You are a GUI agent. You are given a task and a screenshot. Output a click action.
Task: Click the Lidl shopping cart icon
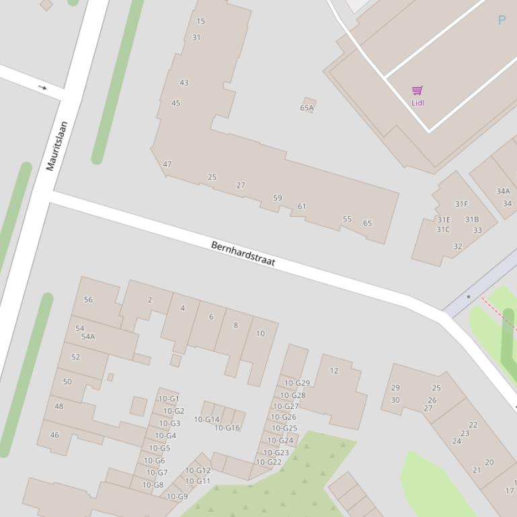pos(417,90)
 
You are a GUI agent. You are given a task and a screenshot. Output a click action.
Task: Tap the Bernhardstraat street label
pos(243,254)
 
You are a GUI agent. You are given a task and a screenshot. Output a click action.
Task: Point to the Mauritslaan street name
pos(57,146)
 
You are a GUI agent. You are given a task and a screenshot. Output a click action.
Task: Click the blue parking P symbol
pos(502,20)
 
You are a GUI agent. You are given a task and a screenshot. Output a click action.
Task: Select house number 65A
pos(307,107)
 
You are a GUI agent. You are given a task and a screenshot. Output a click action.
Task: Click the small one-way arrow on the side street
pos(43,87)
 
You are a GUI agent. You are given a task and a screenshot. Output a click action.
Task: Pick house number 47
pos(167,164)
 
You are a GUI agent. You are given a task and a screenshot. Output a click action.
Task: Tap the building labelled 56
pos(88,299)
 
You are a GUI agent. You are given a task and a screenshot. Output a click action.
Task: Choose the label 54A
pos(88,337)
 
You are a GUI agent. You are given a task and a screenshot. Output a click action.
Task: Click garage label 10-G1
pos(169,399)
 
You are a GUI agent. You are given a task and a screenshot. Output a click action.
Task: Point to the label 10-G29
pos(297,383)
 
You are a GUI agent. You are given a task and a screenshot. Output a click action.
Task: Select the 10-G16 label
pos(227,428)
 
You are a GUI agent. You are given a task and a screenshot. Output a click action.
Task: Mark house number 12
pos(334,371)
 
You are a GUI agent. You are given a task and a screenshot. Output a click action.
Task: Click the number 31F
pos(461,204)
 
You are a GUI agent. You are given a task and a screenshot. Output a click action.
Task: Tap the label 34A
pos(503,191)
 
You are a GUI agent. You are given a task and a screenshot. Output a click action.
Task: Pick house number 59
pos(278,198)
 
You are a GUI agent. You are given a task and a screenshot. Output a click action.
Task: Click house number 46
pos(54,435)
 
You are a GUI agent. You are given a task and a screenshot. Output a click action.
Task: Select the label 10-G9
pos(177,497)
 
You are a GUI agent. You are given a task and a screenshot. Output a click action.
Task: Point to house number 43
pos(184,83)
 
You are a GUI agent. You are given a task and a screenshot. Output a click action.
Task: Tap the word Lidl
pos(417,103)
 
